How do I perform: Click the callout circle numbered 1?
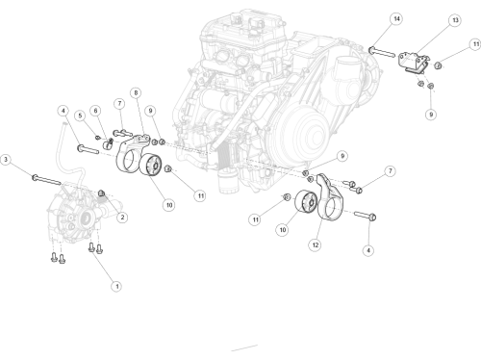click(x=116, y=286)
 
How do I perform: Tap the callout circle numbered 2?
click(x=122, y=218)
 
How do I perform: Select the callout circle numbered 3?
click(x=6, y=160)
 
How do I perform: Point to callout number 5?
click(x=80, y=116)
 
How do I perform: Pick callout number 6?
click(x=95, y=111)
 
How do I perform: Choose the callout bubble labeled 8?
click(x=136, y=92)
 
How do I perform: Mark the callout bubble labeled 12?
click(x=316, y=245)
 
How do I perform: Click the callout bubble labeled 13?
click(x=455, y=20)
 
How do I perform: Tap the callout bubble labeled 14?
click(x=396, y=19)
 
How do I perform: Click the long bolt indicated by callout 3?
click(x=46, y=180)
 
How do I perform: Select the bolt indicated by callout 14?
click(x=382, y=52)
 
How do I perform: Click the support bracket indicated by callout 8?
click(x=132, y=151)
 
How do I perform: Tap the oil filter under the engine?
click(x=228, y=181)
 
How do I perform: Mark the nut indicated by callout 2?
click(x=102, y=193)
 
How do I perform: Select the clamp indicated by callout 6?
click(x=108, y=143)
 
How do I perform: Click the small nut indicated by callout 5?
click(x=98, y=138)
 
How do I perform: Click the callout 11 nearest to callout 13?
click(x=476, y=44)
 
